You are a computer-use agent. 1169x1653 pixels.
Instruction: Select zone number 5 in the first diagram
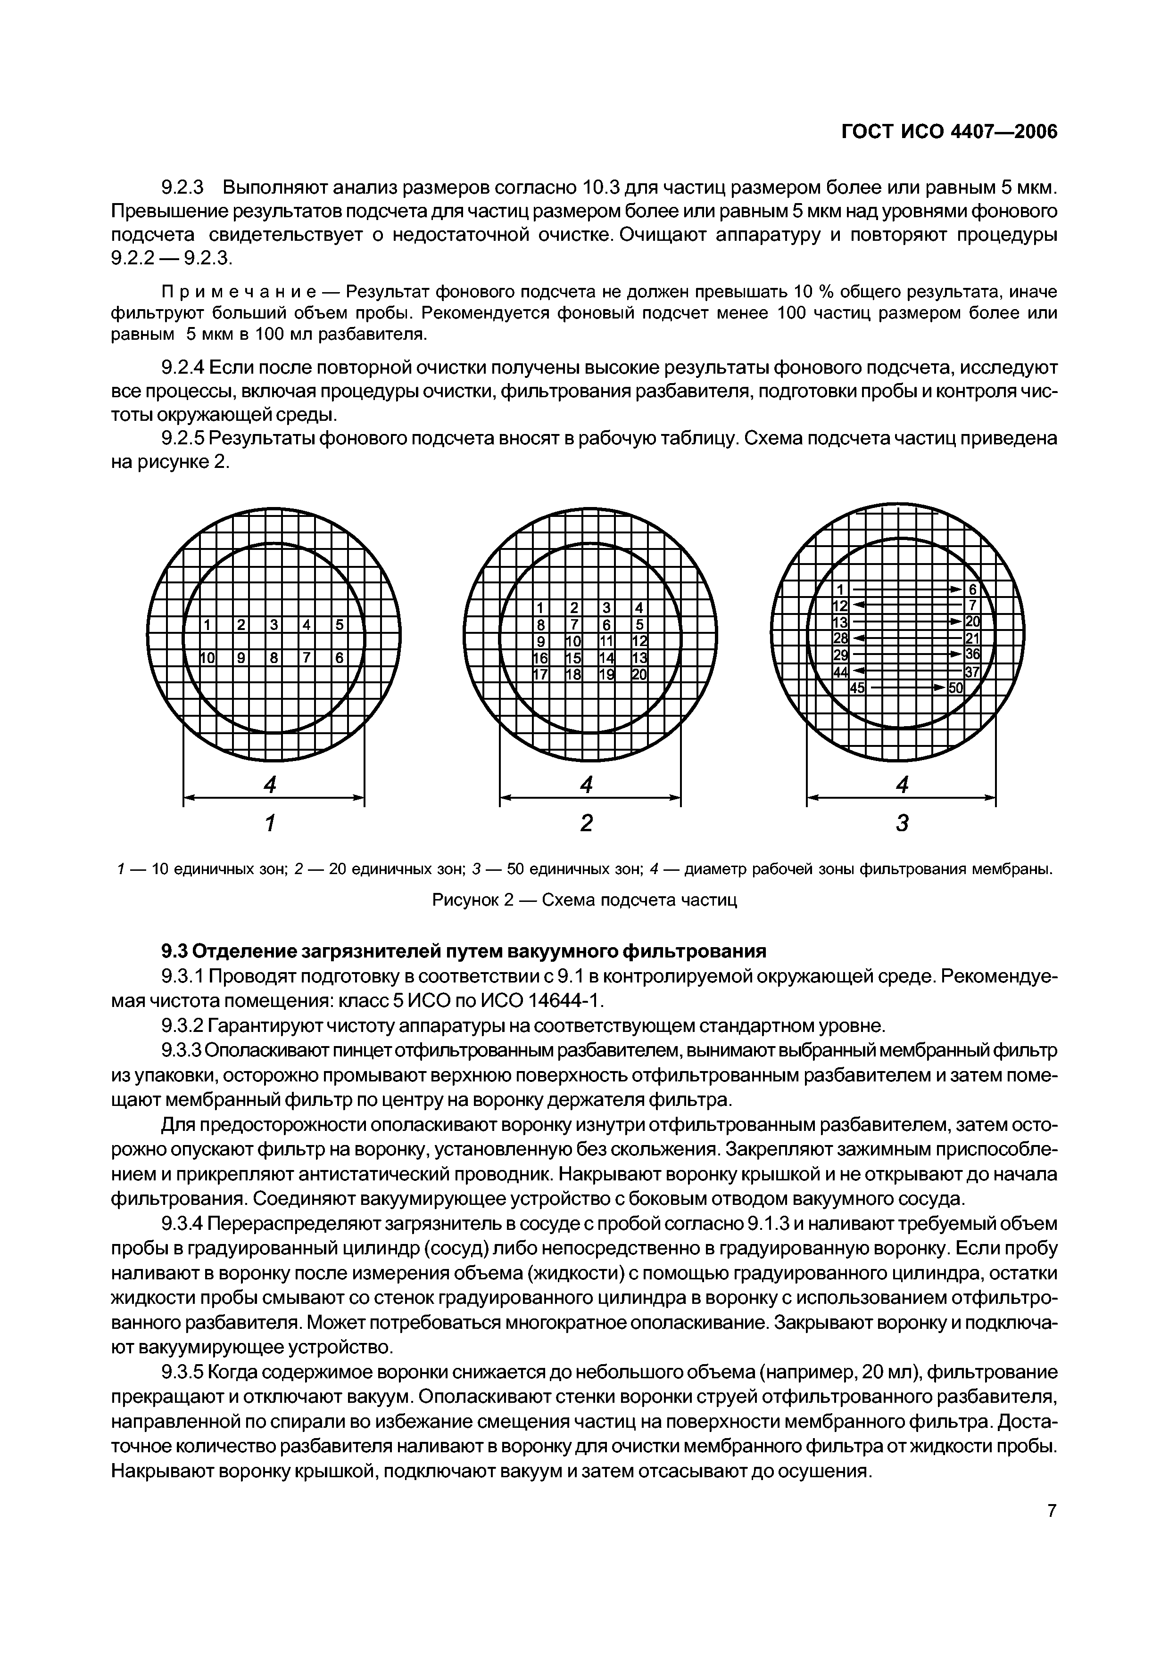tap(339, 625)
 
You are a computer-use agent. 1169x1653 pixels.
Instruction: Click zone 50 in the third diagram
tap(955, 688)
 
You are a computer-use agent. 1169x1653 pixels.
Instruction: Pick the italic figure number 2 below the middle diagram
tap(587, 822)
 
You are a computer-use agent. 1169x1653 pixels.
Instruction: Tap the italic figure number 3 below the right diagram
tap(902, 822)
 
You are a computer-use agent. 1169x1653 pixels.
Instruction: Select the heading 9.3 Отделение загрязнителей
tap(463, 951)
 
